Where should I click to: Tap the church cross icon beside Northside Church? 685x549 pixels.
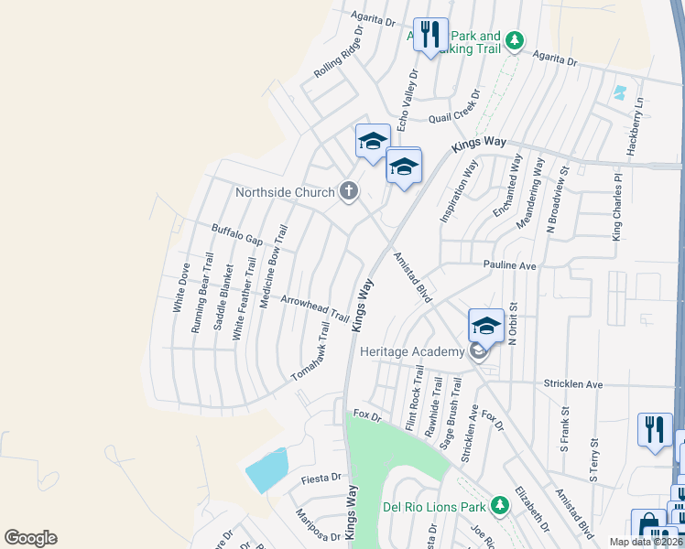coord(348,191)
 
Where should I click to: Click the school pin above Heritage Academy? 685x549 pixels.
coord(486,326)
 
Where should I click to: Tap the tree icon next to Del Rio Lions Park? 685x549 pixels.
coord(500,504)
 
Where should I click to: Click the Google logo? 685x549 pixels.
coord(30,538)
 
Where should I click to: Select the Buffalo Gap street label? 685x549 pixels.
coord(237,235)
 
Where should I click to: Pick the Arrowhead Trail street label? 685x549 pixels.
coord(315,310)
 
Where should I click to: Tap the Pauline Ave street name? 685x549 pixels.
coord(510,265)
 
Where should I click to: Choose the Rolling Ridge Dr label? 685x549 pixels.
coord(340,54)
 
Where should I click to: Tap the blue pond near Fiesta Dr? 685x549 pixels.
coord(266,471)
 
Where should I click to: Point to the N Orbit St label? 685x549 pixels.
coord(513,324)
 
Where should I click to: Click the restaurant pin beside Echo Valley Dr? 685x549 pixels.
coord(430,36)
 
